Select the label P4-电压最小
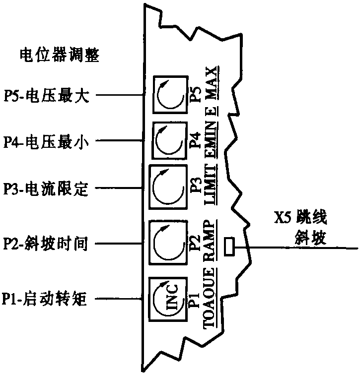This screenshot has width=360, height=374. pyautogui.click(x=46, y=141)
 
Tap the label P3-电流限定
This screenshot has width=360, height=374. pyautogui.click(x=46, y=188)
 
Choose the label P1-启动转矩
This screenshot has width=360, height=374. pyautogui.click(x=46, y=300)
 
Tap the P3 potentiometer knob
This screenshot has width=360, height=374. pyautogui.click(x=168, y=188)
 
